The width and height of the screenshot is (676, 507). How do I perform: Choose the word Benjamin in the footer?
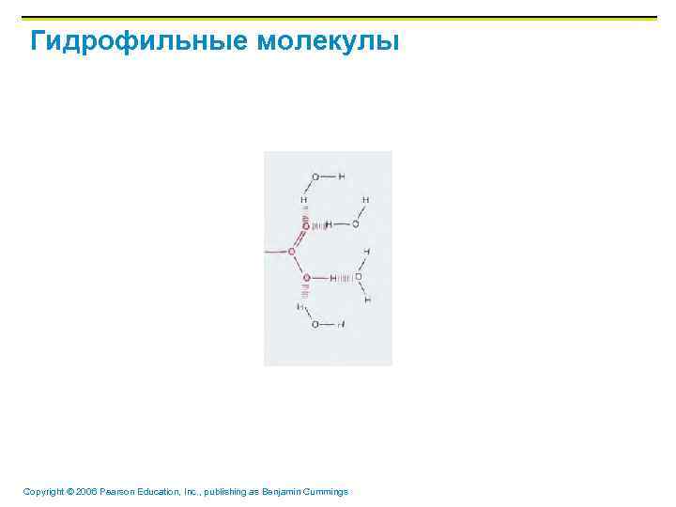click(293, 492)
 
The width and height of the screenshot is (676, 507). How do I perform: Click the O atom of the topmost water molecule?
click(315, 177)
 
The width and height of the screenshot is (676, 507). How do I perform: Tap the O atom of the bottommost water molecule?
click(315, 324)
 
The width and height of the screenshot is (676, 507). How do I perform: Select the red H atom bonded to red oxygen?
click(333, 278)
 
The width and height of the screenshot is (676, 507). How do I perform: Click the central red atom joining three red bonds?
click(292, 252)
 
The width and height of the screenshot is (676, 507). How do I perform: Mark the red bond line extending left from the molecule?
click(277, 252)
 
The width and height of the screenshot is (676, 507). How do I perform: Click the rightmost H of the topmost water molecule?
click(341, 177)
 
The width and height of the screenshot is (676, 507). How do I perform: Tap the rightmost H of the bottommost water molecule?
click(340, 324)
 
